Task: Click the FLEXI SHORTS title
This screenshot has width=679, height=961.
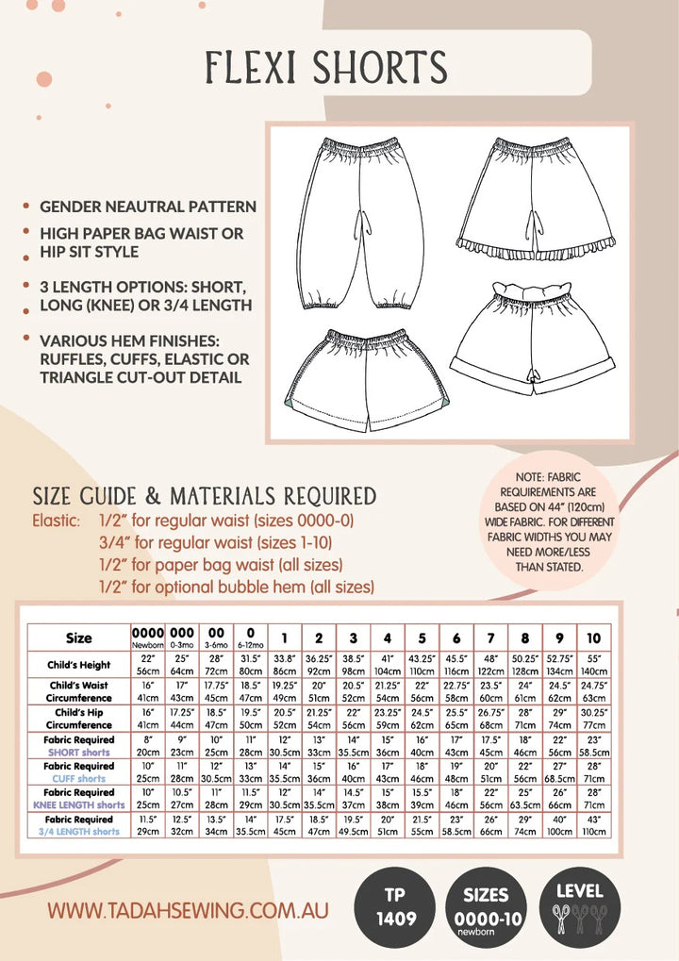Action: click(x=327, y=68)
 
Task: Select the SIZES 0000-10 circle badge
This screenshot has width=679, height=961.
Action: click(x=486, y=904)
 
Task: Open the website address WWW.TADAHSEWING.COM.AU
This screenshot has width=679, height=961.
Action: click(x=188, y=911)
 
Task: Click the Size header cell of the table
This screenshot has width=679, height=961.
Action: click(x=79, y=638)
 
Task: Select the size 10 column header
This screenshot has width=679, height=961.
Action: click(x=593, y=638)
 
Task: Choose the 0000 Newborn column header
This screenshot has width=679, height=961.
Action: click(x=147, y=638)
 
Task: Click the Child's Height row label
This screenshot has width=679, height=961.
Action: click(x=79, y=665)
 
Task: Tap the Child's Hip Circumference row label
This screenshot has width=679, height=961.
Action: click(x=79, y=719)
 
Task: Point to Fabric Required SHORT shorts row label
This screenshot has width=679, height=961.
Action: click(x=79, y=746)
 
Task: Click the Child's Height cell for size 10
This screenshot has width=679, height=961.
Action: click(x=593, y=665)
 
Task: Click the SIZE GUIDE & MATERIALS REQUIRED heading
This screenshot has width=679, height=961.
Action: click(x=204, y=496)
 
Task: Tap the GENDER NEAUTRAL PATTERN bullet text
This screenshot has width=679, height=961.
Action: click(x=148, y=207)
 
